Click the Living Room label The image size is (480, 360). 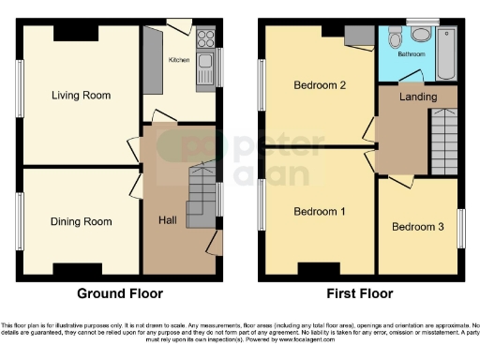pyautogui.click(x=81, y=95)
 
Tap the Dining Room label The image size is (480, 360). pyautogui.click(x=81, y=222)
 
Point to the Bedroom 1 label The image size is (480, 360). pyautogui.click(x=320, y=211)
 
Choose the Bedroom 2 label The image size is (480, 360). pyautogui.click(x=321, y=85)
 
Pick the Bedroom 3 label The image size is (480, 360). pyautogui.click(x=417, y=227)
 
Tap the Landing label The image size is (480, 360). pyautogui.click(x=417, y=97)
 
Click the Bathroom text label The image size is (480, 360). pyautogui.click(x=412, y=55)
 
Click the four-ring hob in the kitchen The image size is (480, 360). pyautogui.click(x=205, y=38)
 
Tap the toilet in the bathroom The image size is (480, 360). pyautogui.click(x=395, y=38)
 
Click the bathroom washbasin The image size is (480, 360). pyautogui.click(x=421, y=35)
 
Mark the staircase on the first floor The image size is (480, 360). pyautogui.click(x=442, y=141)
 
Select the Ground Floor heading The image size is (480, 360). pyautogui.click(x=118, y=292)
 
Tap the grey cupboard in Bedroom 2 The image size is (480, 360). pyautogui.click(x=358, y=35)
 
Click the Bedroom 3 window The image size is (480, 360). pyautogui.click(x=460, y=227)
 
